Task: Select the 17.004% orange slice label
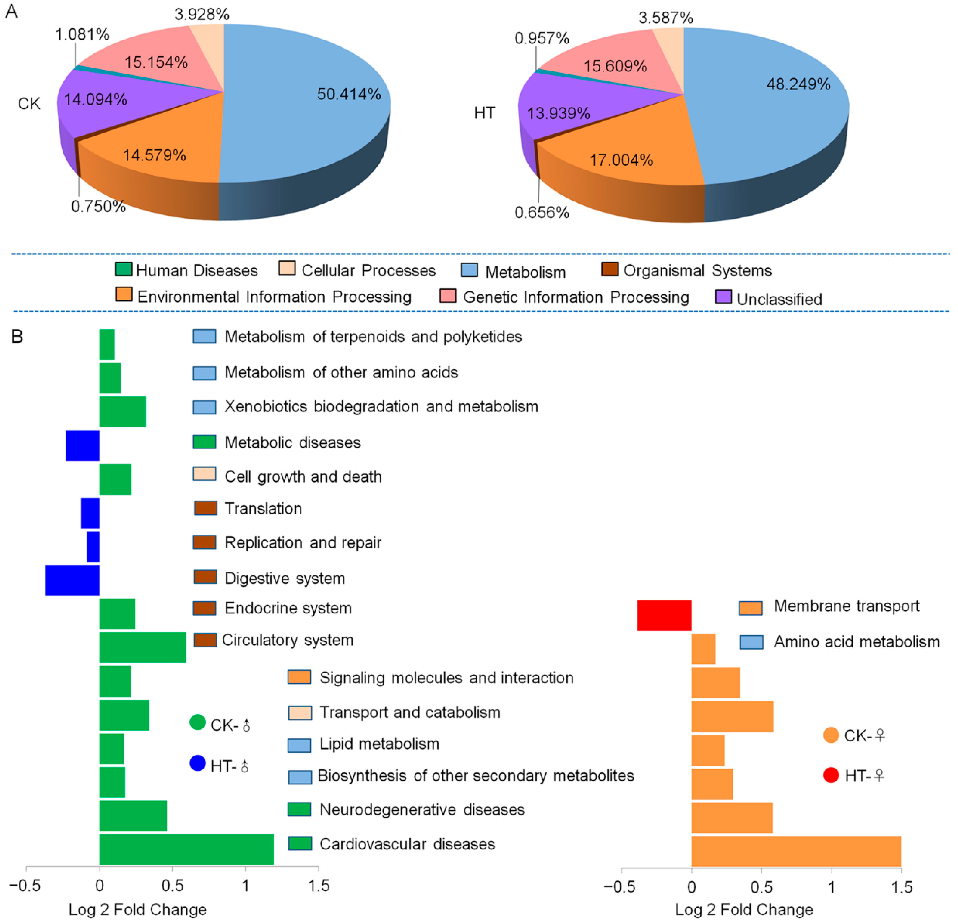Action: coord(621,160)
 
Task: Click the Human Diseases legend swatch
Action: coord(124,269)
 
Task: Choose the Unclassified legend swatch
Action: coord(723,297)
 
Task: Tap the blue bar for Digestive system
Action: coord(72,580)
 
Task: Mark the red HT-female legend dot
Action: coord(831,775)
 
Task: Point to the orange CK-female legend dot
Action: coord(831,735)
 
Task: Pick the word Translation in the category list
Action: coord(263,509)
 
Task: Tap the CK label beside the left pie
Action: coord(29,104)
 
